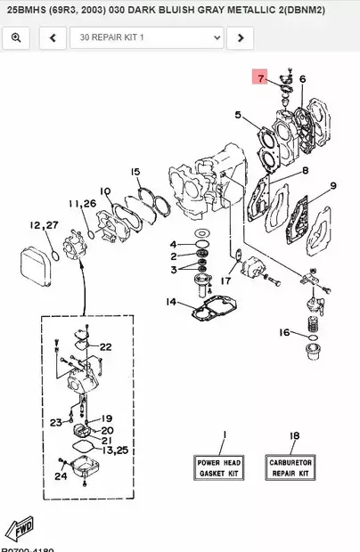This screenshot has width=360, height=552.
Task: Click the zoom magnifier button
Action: point(16,37)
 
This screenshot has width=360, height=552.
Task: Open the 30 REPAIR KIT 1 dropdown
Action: point(146,37)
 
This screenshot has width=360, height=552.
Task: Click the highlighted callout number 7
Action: point(261,78)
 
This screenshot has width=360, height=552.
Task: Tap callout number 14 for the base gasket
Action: point(170,303)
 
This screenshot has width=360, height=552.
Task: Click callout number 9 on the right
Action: point(332,185)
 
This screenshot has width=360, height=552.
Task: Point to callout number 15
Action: point(135,172)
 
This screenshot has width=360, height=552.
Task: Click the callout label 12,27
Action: point(44,225)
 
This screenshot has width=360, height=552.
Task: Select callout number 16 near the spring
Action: point(283,333)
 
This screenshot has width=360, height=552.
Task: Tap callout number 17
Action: point(225,280)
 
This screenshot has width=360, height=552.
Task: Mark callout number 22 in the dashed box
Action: point(105,347)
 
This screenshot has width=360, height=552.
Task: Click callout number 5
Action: point(238,115)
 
